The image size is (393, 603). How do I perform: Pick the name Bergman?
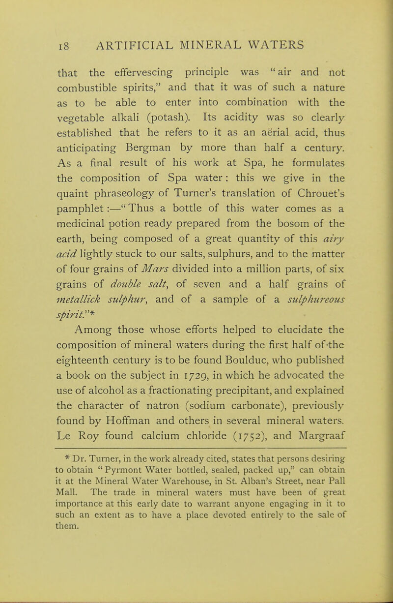point(140,150)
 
